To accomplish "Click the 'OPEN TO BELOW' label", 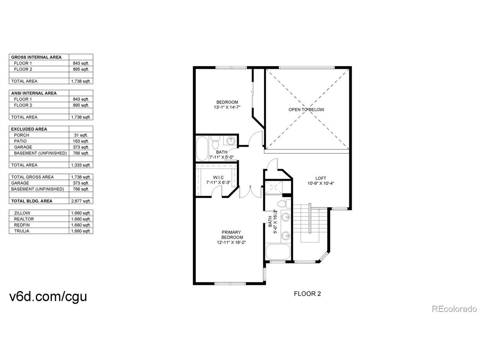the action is (306, 109).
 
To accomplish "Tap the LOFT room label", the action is (321, 178).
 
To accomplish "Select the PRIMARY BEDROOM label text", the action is (231, 235).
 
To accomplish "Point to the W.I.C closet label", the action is (218, 177).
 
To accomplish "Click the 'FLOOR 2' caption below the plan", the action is (307, 294).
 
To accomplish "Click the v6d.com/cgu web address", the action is (48, 297).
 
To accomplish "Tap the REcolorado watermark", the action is (454, 309).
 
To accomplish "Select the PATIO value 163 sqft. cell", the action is (81, 141).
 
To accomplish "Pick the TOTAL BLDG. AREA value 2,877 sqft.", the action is (81, 201).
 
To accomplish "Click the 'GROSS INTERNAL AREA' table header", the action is (36, 57).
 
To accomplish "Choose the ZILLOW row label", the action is (22, 213).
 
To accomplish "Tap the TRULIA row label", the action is (22, 231).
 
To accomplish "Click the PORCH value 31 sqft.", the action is (81, 135).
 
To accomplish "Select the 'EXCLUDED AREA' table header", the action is (29, 129).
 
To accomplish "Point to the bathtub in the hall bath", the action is (202, 148).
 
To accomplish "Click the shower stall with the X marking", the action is (274, 187).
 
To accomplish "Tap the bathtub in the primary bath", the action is (278, 252).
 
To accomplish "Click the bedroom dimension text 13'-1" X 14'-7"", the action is (227, 107).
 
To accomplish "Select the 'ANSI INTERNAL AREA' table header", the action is (34, 93).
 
